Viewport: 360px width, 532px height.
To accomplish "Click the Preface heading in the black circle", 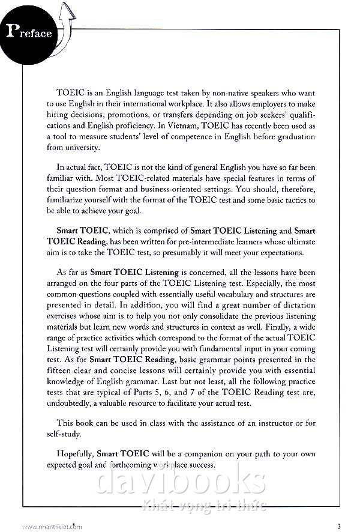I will tap(28, 32).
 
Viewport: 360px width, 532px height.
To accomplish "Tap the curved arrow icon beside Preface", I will tap(65, 27).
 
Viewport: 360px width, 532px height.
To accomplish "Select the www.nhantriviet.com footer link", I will tap(52, 527).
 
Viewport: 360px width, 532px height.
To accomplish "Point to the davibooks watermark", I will tap(180, 480).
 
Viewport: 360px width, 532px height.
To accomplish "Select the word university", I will tap(79, 148).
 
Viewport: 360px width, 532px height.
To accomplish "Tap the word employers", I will tap(276, 104).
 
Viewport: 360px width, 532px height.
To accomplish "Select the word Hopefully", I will tap(76, 454).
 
